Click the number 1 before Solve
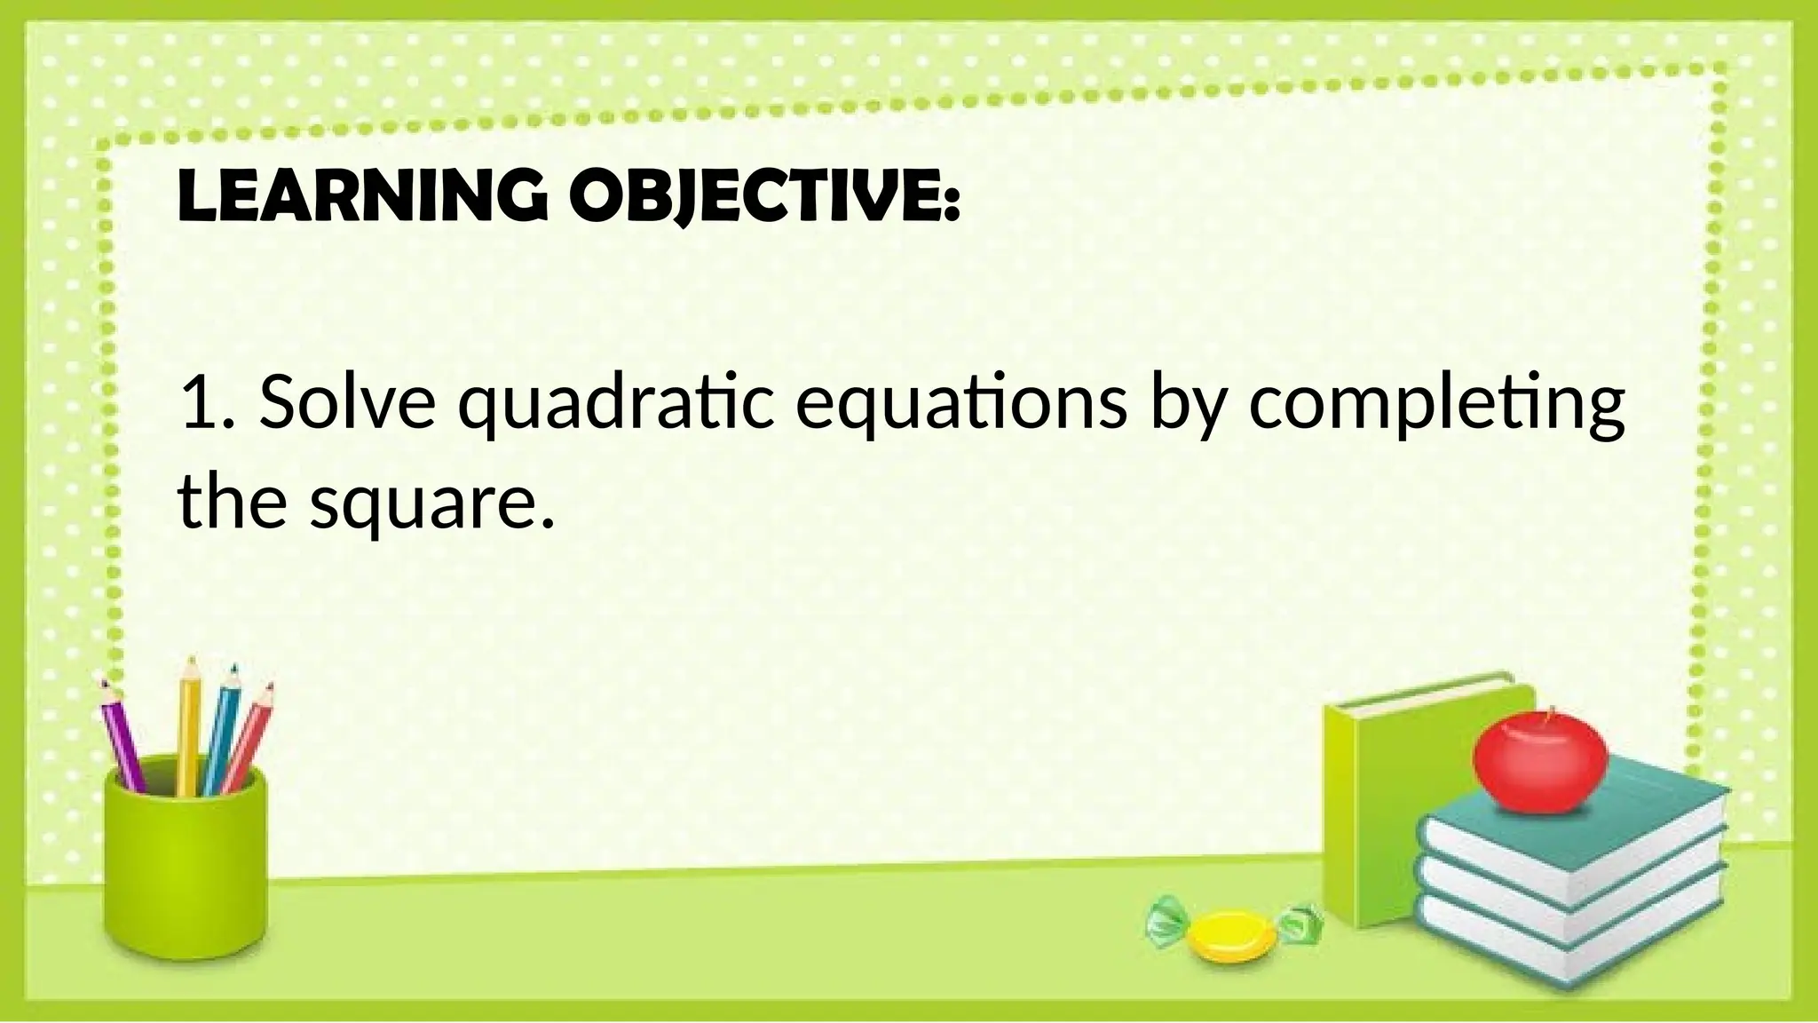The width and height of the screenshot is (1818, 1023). click(195, 401)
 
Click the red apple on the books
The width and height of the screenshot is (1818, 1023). click(1539, 765)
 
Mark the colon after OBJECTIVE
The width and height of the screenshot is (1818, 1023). click(952, 206)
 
